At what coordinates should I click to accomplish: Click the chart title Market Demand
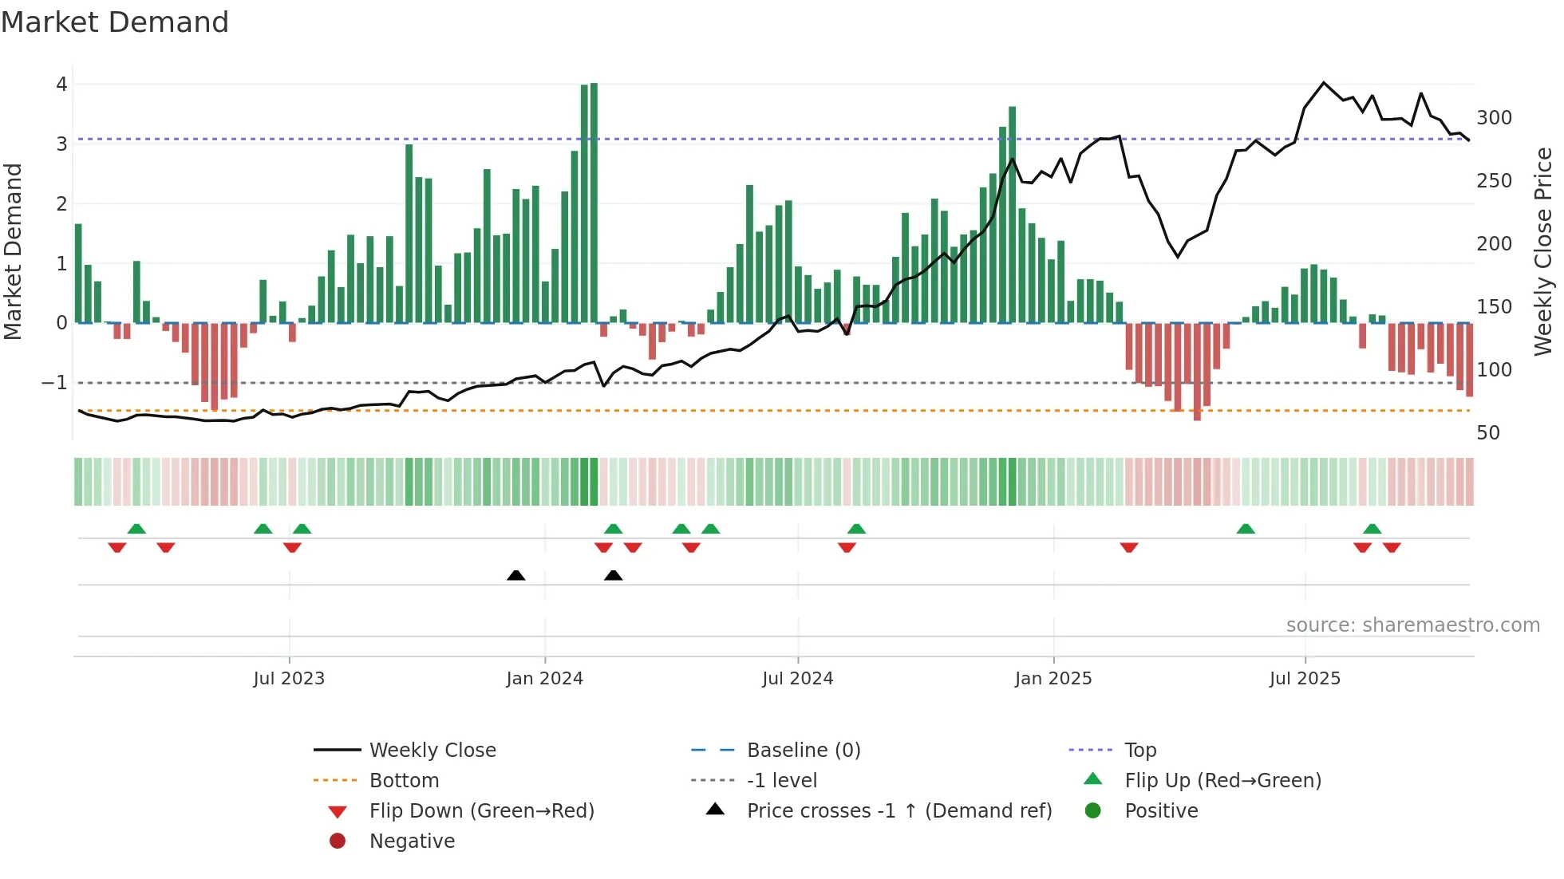pyautogui.click(x=115, y=22)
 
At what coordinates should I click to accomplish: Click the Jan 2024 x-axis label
pyautogui.click(x=544, y=679)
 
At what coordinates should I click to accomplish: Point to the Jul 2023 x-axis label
pyautogui.click(x=289, y=679)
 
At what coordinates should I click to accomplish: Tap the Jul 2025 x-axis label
pyautogui.click(x=1305, y=679)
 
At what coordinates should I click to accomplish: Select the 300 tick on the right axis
pyautogui.click(x=1494, y=118)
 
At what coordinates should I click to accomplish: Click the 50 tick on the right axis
pyautogui.click(x=1488, y=433)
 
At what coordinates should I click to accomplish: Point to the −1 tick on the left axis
pyautogui.click(x=54, y=383)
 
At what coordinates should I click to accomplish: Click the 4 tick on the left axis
pyautogui.click(x=61, y=85)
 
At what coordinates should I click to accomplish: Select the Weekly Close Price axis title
pyautogui.click(x=1543, y=251)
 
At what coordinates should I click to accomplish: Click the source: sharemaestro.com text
pyautogui.click(x=1412, y=625)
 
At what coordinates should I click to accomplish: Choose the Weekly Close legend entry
pyautogui.click(x=432, y=751)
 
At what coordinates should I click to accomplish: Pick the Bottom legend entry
pyautogui.click(x=404, y=781)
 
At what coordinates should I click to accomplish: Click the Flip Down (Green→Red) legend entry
pyautogui.click(x=481, y=811)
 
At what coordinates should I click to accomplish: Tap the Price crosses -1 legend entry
pyautogui.click(x=899, y=811)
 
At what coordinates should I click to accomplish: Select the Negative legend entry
pyautogui.click(x=412, y=842)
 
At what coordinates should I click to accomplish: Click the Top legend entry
pyautogui.click(x=1140, y=751)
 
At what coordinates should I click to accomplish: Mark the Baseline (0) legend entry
pyautogui.click(x=803, y=751)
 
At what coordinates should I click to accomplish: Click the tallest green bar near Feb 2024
pyautogui.click(x=594, y=203)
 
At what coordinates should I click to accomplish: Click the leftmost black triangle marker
pyautogui.click(x=516, y=575)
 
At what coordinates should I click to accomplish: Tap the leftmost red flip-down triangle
pyautogui.click(x=117, y=547)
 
